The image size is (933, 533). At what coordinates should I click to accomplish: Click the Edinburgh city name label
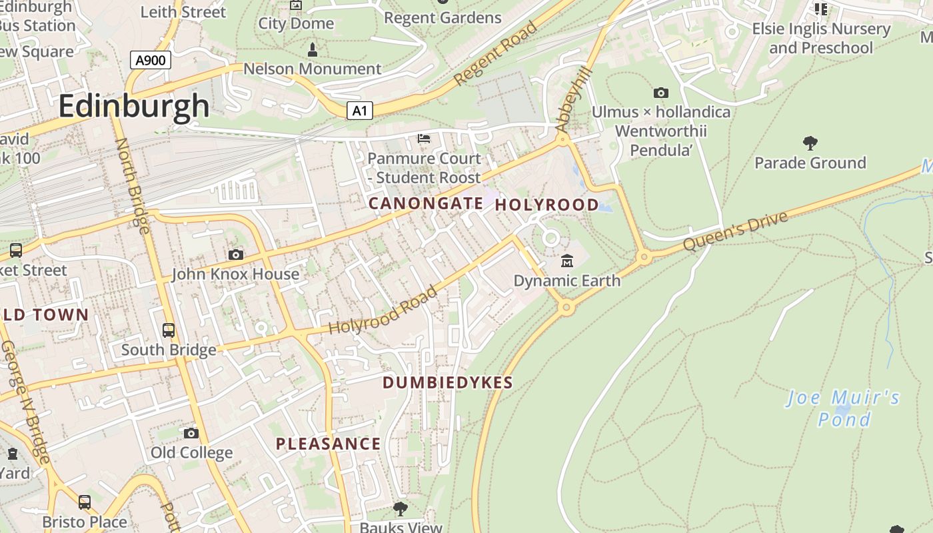point(134,106)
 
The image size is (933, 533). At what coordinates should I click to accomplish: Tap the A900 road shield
point(150,61)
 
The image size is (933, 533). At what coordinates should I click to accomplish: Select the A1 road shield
point(359,111)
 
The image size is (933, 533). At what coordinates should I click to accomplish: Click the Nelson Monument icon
point(312,49)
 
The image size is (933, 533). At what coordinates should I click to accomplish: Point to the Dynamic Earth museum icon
point(567,261)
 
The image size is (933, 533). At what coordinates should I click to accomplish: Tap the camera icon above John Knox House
point(235,255)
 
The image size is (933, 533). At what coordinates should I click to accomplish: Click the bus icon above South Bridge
point(169,330)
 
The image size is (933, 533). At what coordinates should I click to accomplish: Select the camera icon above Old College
point(191,433)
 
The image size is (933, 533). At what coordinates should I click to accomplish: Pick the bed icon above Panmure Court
point(424,139)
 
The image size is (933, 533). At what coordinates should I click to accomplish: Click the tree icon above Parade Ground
point(810,143)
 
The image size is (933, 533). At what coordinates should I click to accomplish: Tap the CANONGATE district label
point(426,204)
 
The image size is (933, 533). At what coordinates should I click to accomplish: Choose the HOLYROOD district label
point(546,205)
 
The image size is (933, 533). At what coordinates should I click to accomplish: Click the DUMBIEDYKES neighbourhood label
point(448,382)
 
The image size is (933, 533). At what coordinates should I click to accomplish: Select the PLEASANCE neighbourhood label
point(329,444)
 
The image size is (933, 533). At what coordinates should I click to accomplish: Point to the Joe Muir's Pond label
point(844,408)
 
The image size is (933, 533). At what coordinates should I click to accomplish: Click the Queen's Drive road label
point(736,231)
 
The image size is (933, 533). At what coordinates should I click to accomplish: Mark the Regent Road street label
point(495,54)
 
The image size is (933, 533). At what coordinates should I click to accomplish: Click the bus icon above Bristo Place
point(85,502)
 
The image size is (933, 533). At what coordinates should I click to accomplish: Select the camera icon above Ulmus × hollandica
point(660,93)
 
